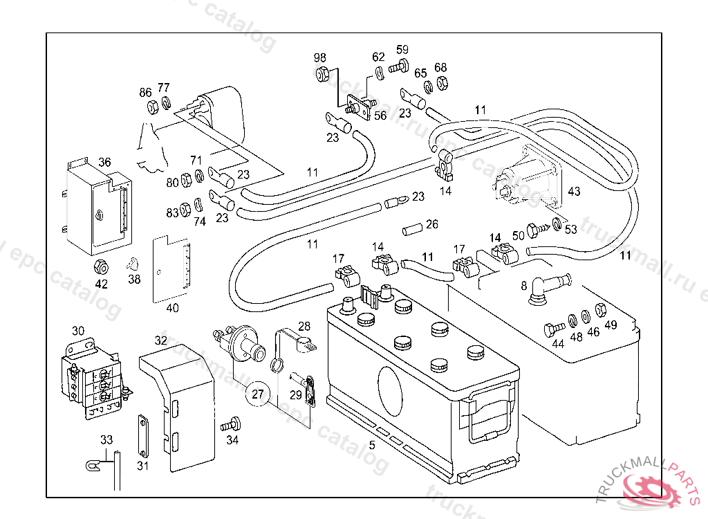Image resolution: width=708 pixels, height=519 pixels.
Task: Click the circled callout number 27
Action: (257, 395)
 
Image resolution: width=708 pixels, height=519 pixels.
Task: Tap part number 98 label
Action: (319, 57)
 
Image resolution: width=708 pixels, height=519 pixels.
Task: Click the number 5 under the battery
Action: (372, 446)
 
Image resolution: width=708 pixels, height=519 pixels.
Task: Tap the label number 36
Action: (104, 162)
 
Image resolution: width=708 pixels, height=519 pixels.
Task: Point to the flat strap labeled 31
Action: (142, 436)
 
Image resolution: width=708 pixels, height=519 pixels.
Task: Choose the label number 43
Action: (574, 192)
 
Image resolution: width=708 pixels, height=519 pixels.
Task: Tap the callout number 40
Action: (172, 308)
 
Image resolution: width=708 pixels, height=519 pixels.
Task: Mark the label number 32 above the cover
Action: (161, 340)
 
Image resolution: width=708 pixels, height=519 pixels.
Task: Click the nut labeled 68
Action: (442, 83)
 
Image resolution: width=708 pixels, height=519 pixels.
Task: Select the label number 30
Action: (78, 331)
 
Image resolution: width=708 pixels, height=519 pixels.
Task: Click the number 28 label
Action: (304, 326)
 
